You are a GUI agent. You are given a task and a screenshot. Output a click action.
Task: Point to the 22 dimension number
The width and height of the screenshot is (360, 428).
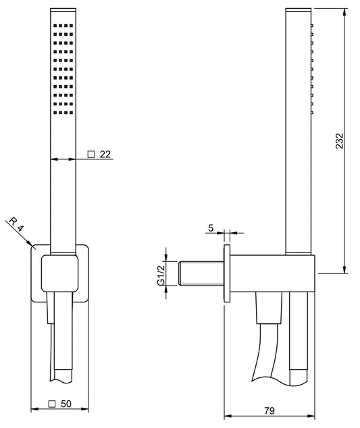(105, 154)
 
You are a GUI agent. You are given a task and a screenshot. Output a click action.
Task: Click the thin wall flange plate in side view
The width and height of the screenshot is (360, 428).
(228, 273)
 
